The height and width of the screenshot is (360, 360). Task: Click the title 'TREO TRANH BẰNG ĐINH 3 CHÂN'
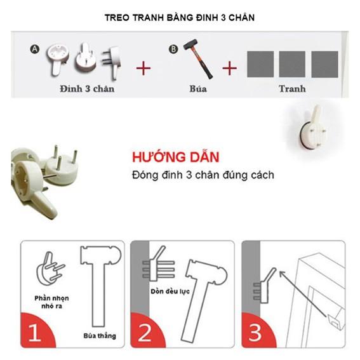[180, 17]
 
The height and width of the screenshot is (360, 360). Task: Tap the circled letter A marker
[35, 48]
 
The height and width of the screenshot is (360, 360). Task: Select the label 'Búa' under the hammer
[198, 89]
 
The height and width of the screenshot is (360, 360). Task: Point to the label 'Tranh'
[292, 89]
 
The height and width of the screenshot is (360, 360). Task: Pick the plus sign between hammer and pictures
[230, 67]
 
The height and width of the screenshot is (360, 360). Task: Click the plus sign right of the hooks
[144, 67]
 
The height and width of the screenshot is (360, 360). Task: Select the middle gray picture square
[292, 64]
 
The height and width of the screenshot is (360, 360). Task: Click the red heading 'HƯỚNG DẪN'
[176, 157]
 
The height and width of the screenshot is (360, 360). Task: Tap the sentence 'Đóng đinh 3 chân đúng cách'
[203, 175]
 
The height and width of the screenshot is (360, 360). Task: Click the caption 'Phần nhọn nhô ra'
[52, 302]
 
